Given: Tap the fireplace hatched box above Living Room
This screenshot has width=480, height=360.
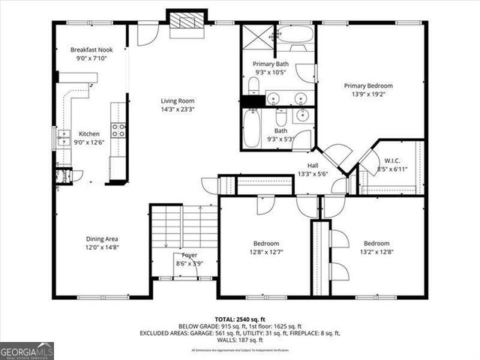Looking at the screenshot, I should tap(184, 22).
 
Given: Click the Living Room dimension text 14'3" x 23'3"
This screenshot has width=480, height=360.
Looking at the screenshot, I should tap(177, 109).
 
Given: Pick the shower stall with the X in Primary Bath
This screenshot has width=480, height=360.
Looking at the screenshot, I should tap(257, 37).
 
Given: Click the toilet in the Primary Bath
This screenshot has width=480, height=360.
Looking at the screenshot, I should tap(305, 73).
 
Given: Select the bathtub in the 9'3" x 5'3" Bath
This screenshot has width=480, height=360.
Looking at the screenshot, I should tap(251, 127).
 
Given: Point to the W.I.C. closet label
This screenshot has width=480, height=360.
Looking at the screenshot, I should tap(393, 160).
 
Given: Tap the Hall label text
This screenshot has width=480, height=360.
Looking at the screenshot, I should tap(313, 166).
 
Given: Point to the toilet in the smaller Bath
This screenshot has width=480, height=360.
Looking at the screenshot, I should tap(281, 118).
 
